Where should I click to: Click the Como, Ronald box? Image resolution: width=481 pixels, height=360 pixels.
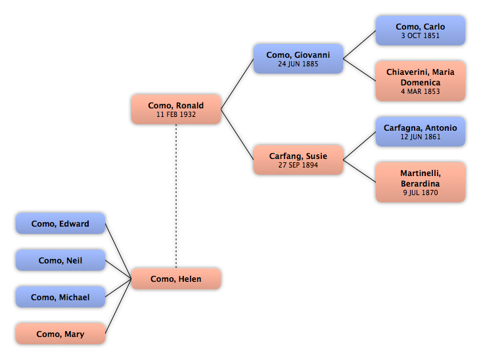click(x=176, y=109)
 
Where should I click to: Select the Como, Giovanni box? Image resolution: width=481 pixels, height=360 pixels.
click(x=298, y=58)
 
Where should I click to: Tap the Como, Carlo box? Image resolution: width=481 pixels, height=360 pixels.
click(x=421, y=31)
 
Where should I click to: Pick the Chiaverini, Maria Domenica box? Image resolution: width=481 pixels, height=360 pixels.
click(x=421, y=81)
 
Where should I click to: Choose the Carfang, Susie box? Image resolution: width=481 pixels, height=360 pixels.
click(x=298, y=160)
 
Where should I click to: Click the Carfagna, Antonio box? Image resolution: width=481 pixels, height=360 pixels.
click(x=421, y=131)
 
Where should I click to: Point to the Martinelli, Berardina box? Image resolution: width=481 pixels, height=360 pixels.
click(x=421, y=182)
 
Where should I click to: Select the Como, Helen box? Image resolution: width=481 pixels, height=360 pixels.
click(x=176, y=279)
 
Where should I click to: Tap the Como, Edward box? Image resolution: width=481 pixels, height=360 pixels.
click(x=60, y=223)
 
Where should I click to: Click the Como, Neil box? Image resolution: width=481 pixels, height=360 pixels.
click(x=60, y=260)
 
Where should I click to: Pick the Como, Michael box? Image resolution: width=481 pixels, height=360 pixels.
click(x=60, y=297)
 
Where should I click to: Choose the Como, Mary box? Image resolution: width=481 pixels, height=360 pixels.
click(x=60, y=334)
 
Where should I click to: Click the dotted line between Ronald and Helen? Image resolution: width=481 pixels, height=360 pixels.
click(x=176, y=196)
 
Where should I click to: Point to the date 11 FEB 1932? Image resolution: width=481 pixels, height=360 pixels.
click(x=176, y=114)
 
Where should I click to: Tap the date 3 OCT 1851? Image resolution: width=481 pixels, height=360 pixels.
click(x=421, y=35)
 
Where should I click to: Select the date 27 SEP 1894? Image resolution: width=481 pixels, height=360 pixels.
click(x=298, y=165)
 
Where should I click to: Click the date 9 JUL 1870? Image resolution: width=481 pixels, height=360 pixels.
click(x=421, y=192)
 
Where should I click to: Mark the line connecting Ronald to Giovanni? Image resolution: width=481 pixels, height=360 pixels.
click(x=237, y=84)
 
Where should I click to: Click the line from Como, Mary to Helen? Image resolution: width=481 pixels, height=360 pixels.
click(x=118, y=306)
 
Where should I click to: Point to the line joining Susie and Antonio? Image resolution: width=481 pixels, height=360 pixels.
click(x=359, y=146)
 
